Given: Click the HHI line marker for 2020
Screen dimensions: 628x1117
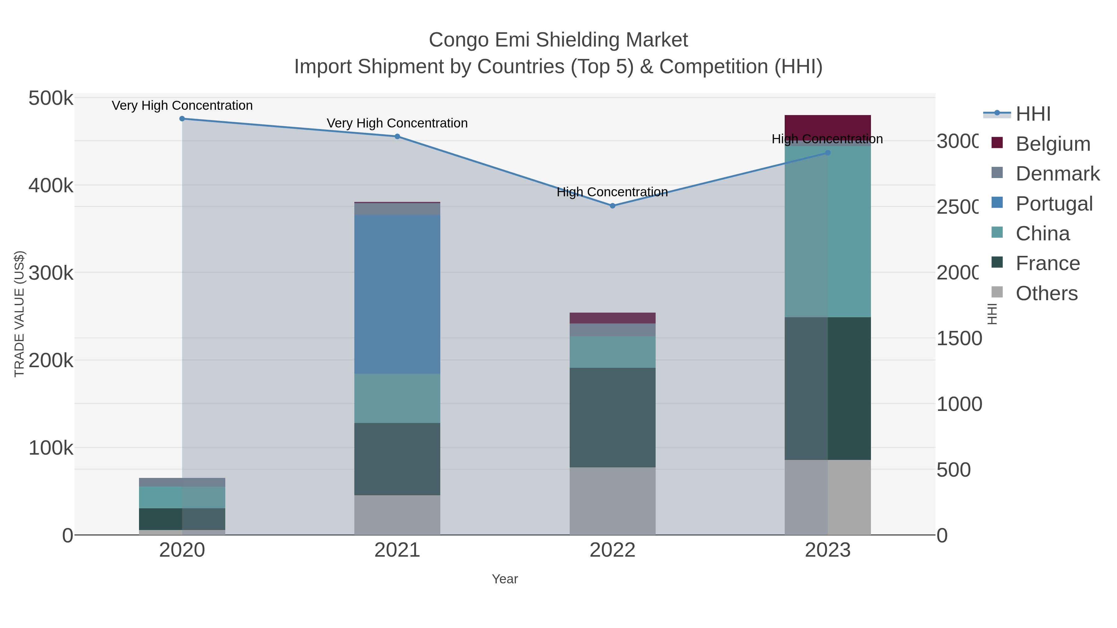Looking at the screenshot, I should tap(182, 119).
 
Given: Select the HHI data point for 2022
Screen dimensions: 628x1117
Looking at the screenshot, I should tap(612, 206).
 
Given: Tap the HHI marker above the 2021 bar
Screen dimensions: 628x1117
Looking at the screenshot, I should tap(397, 136).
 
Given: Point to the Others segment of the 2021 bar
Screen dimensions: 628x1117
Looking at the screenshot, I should tap(397, 514).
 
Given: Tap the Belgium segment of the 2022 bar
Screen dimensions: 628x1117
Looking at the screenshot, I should tap(612, 318).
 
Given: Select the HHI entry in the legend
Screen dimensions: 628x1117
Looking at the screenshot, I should tap(1032, 114).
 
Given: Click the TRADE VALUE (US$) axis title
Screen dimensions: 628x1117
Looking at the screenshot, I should tap(20, 314).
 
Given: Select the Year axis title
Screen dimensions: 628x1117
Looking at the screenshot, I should tap(505, 579).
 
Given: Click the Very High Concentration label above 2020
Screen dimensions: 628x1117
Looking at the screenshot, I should tap(182, 105).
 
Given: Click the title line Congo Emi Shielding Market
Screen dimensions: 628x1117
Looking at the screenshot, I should tap(558, 40).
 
